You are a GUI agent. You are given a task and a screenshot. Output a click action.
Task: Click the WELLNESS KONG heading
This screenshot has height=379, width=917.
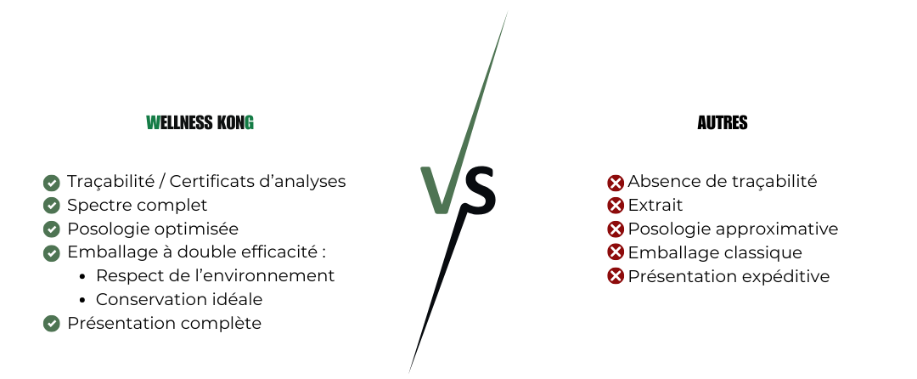200,122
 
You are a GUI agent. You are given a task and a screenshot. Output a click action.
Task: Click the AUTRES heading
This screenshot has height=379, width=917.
723,122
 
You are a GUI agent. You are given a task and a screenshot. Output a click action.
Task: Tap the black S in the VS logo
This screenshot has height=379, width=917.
477,190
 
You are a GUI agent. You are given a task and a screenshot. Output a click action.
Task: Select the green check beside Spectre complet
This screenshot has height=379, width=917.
52,206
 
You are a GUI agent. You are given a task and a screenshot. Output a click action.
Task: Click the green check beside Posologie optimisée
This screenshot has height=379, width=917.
52,229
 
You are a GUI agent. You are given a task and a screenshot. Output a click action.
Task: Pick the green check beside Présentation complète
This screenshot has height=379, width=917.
52,324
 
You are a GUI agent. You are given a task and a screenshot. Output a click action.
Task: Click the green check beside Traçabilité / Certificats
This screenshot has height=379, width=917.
52,183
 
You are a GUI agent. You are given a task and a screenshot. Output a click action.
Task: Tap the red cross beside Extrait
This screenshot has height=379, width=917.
616,206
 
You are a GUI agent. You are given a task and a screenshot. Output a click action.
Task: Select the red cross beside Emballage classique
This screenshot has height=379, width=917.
616,252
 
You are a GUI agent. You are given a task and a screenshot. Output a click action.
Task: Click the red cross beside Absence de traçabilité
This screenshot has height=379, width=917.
616,183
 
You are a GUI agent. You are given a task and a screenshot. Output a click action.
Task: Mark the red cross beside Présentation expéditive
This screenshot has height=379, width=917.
616,276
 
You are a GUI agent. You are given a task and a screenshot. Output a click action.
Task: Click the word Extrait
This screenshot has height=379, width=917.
655,206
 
